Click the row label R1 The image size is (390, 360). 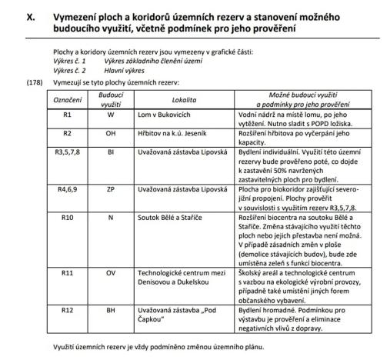(66, 115)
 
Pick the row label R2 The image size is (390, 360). (66, 133)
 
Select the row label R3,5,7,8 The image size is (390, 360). (66, 152)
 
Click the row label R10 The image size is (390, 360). (66, 218)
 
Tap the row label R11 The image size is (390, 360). (66, 272)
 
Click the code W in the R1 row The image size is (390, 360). (111, 115)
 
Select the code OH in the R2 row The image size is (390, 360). (111, 133)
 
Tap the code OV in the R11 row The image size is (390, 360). (111, 272)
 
